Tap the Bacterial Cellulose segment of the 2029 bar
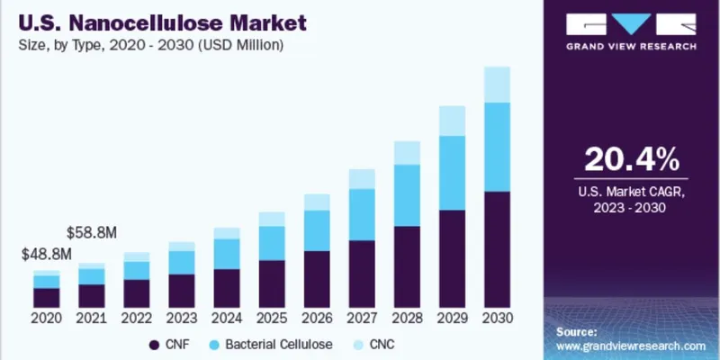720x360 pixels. pos(452,173)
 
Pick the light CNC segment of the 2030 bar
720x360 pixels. pos(497,85)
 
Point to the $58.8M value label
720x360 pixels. pos(92,233)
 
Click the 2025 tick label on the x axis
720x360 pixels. pos(272,319)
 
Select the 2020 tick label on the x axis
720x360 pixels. pos(46,319)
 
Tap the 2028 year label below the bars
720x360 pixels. pos(407,319)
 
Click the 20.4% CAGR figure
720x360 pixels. pos(630,160)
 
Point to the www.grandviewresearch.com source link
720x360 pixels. pos(630,346)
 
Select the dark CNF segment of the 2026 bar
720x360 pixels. pos(317,279)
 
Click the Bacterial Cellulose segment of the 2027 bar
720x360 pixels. pos(362,214)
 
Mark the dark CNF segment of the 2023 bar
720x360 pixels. pos(182,291)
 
